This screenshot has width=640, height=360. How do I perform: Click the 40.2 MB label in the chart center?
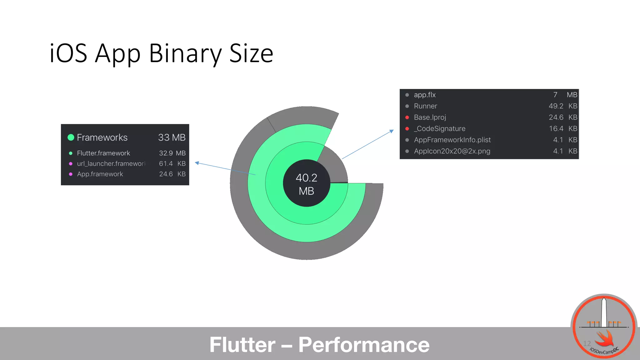click(306, 184)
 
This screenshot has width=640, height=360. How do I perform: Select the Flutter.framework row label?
click(103, 153)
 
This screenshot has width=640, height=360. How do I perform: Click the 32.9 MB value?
click(172, 153)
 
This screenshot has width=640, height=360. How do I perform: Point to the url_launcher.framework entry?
click(111, 163)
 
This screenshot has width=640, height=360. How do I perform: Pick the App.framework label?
click(100, 174)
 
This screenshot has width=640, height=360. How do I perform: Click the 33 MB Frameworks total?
click(172, 137)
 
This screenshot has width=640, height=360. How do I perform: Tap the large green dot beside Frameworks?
click(71, 137)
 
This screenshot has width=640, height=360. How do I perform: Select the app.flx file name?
click(425, 95)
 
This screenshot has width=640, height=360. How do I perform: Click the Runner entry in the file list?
click(425, 106)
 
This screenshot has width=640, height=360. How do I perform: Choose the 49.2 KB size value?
click(562, 106)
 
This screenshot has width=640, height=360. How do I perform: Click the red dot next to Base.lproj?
click(407, 117)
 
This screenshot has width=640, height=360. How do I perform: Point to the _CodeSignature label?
click(440, 128)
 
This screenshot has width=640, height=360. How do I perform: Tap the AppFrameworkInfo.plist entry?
click(452, 140)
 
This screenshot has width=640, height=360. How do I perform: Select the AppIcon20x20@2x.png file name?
click(452, 151)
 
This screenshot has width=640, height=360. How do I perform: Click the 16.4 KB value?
click(562, 128)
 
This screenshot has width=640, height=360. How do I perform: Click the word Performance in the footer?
click(364, 345)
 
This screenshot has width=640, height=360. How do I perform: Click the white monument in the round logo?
click(604, 312)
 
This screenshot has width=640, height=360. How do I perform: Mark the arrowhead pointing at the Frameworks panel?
click(197, 163)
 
